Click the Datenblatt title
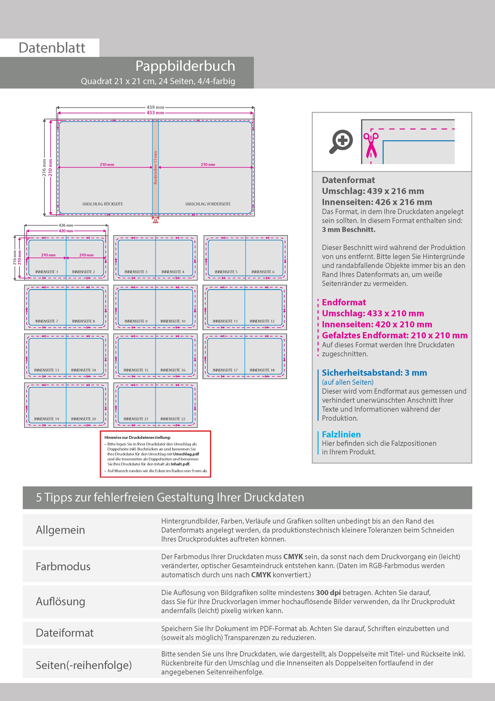pyautogui.click(x=52, y=48)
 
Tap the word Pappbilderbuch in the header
pyautogui.click(x=185, y=66)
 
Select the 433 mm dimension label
pyautogui.click(x=155, y=113)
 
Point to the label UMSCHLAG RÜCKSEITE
pyautogui.click(x=103, y=204)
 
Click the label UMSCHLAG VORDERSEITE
pyautogui.click(x=208, y=204)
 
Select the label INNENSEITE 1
pyautogui.click(x=47, y=272)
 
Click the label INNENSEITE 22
pyautogui.click(x=173, y=419)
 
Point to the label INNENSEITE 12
pyautogui.click(x=262, y=321)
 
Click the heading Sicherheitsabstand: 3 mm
pyautogui.click(x=374, y=373)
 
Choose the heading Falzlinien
pyautogui.click(x=341, y=434)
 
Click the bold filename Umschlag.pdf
pyautogui.click(x=186, y=454)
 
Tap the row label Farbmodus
pyautogui.click(x=63, y=566)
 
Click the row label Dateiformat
pyautogui.click(x=65, y=633)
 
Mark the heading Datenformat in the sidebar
pyautogui.click(x=348, y=180)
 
